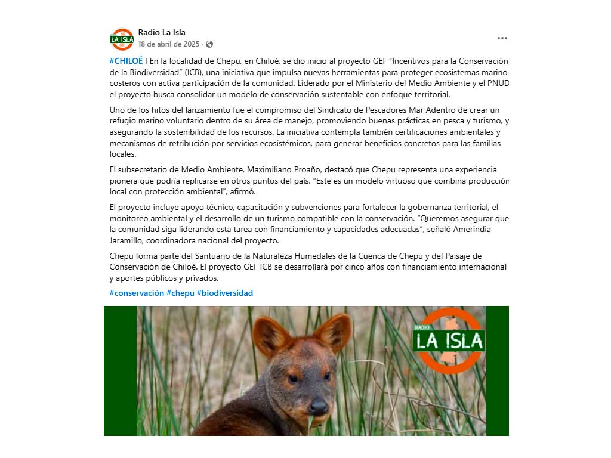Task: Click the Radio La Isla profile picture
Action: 122,39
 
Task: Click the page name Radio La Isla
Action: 162,32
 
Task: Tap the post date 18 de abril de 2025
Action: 169,44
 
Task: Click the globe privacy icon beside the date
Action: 209,44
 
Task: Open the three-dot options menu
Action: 502,38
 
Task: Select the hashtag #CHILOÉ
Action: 126,61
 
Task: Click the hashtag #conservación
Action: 137,293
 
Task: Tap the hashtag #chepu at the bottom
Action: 180,293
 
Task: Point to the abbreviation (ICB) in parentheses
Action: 193,72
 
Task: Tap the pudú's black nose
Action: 319,407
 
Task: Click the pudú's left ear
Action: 271,335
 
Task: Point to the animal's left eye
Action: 293,379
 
